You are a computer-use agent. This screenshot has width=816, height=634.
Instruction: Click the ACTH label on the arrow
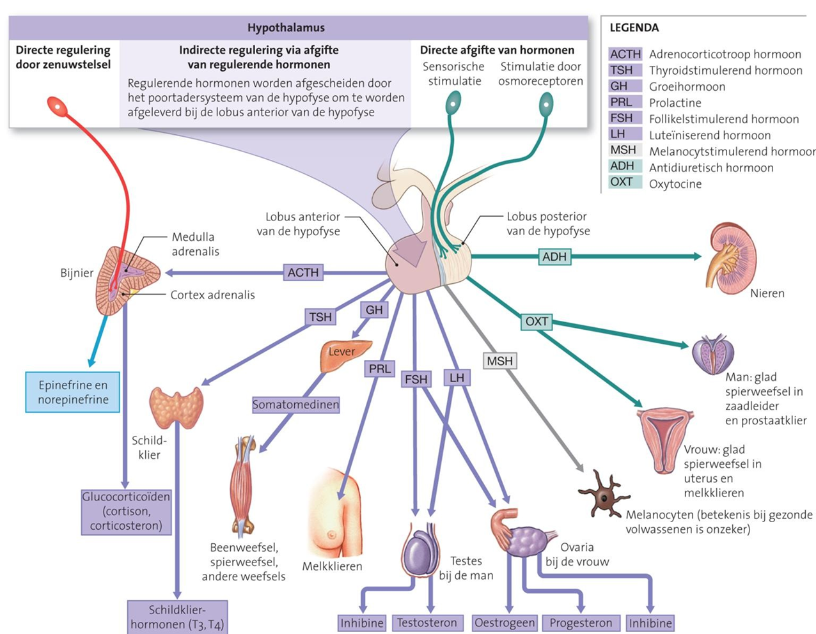point(303,272)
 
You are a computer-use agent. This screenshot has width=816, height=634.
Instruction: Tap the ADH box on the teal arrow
point(554,257)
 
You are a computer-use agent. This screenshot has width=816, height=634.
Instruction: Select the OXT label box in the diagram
point(537,321)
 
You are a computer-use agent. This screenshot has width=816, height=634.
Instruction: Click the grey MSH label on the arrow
point(500,361)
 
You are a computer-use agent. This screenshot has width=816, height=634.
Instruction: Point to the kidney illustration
point(732,259)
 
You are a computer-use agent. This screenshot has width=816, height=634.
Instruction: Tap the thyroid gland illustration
point(176,407)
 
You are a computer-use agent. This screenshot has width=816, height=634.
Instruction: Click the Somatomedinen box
point(296,405)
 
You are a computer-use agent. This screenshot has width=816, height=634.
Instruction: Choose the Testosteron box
point(427,622)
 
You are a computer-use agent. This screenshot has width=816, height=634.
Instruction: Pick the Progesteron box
point(581,622)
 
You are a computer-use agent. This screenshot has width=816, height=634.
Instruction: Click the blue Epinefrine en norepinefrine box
point(73,392)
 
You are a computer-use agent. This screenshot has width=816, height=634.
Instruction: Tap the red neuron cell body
point(58,106)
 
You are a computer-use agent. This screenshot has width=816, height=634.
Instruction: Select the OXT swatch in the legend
point(625,182)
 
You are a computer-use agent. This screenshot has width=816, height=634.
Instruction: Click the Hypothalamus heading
point(286,27)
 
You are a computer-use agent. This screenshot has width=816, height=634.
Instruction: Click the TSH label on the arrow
point(320,317)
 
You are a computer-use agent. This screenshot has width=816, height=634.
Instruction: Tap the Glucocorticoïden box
point(126,512)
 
